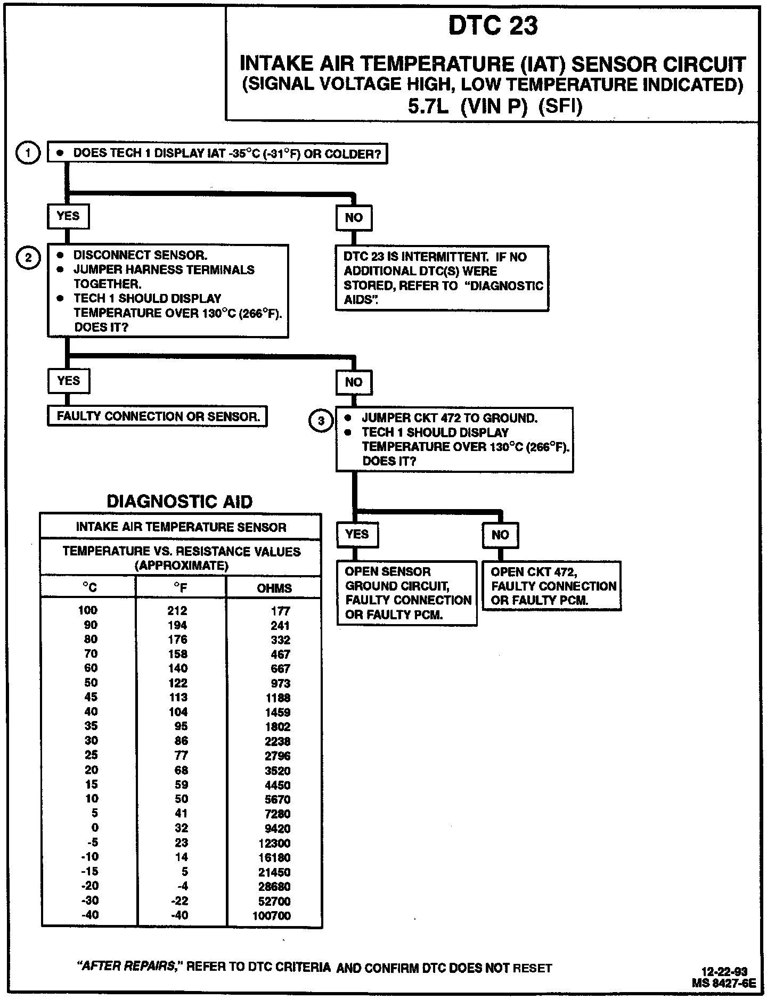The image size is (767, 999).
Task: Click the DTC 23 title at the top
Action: pyautogui.click(x=493, y=26)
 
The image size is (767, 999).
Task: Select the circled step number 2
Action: pyautogui.click(x=28, y=258)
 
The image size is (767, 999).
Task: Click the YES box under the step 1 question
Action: pyautogui.click(x=68, y=217)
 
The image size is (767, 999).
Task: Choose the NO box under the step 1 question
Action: pyautogui.click(x=354, y=217)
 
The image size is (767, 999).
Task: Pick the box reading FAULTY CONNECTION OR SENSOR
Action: pyautogui.click(x=158, y=416)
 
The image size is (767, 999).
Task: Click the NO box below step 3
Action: pyautogui.click(x=500, y=535)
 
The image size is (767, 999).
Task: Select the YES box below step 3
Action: pyautogui.click(x=357, y=534)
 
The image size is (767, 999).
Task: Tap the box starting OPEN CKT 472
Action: pyautogui.click(x=552, y=586)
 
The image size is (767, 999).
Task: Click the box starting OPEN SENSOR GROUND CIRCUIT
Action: pyautogui.click(x=407, y=593)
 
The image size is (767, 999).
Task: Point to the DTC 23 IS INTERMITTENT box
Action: pyautogui.click(x=443, y=278)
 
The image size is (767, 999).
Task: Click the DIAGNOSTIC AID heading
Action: pyautogui.click(x=180, y=502)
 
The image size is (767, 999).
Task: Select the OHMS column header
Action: pyautogui.click(x=274, y=588)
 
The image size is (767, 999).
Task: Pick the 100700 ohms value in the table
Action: pyautogui.click(x=272, y=916)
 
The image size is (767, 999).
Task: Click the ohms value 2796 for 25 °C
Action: pyautogui.click(x=278, y=756)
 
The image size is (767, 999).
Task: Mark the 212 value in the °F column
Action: pyautogui.click(x=177, y=611)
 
